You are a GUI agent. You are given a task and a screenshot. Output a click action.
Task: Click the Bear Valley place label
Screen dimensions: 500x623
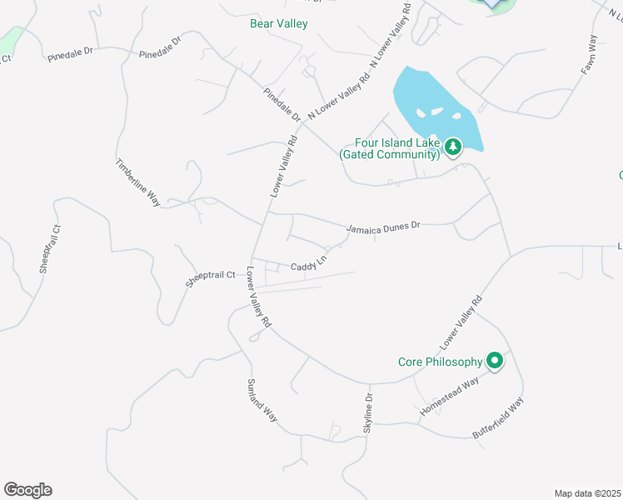[278, 23]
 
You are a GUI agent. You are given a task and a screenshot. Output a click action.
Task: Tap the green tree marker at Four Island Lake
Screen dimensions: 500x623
[452, 147]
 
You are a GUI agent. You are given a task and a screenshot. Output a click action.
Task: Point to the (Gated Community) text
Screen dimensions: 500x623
[389, 154]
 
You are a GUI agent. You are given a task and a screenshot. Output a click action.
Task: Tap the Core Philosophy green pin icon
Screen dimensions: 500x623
[495, 362]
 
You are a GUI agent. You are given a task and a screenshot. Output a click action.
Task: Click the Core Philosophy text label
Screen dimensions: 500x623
[440, 362]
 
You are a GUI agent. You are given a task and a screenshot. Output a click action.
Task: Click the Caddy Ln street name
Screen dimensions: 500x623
[308, 266]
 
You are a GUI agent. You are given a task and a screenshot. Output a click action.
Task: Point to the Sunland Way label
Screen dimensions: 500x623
[262, 401]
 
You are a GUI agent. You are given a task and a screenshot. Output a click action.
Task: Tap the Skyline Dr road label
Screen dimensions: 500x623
[368, 411]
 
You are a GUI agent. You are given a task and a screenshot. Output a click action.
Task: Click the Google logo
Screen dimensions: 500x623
[27, 490]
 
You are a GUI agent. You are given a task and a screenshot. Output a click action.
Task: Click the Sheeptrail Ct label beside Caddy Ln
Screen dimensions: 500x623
[212, 276]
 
